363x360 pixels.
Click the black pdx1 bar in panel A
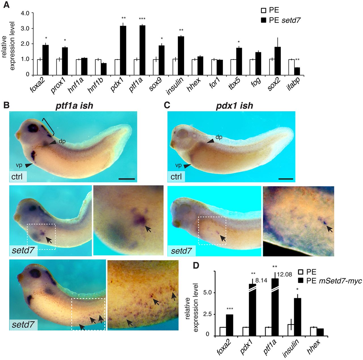(123, 50)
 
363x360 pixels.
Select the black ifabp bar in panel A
(297, 71)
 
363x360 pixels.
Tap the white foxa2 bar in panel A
(40, 67)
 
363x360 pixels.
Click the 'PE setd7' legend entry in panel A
(281, 20)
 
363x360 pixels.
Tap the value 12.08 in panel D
(284, 274)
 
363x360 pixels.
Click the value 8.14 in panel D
(261, 280)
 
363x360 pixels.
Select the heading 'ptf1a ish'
(74, 106)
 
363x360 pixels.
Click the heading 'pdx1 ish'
(235, 106)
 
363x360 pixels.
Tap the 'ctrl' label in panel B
(17, 177)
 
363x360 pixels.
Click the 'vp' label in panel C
(178, 165)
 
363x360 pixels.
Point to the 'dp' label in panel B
(62, 141)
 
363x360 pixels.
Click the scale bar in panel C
(286, 179)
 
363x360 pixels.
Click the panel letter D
(196, 265)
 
